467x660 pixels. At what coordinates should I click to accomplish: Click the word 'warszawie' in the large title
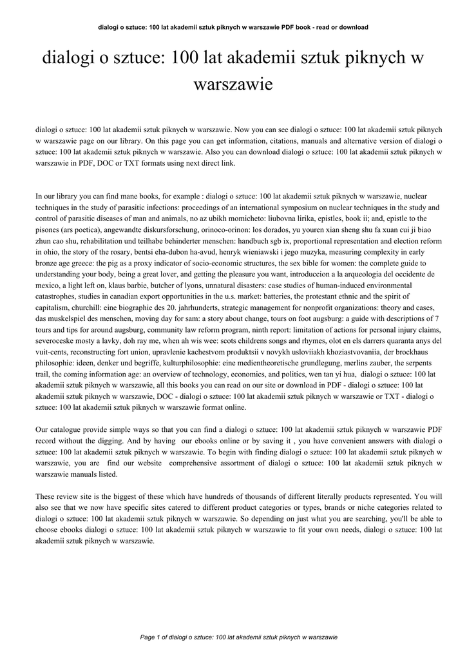coord(233,83)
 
